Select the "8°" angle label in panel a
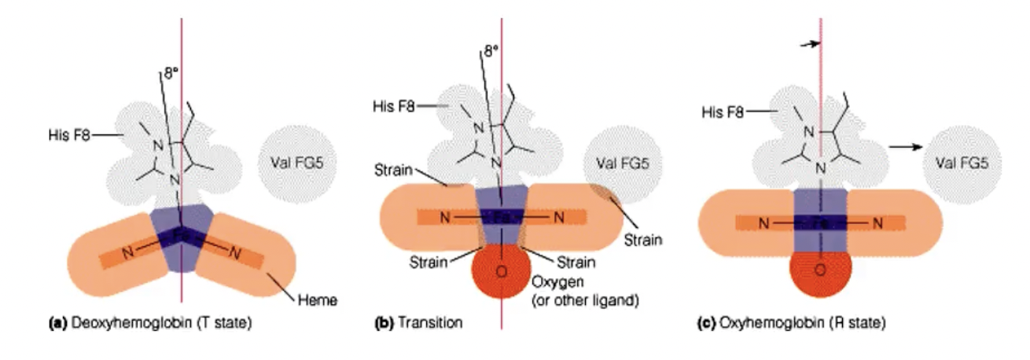[171, 75]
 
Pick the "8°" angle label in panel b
[491, 53]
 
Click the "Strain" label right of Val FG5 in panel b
[642, 239]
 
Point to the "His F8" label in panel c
[722, 113]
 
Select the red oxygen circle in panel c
[820, 271]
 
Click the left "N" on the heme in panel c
[762, 223]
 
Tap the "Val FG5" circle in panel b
[617, 164]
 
